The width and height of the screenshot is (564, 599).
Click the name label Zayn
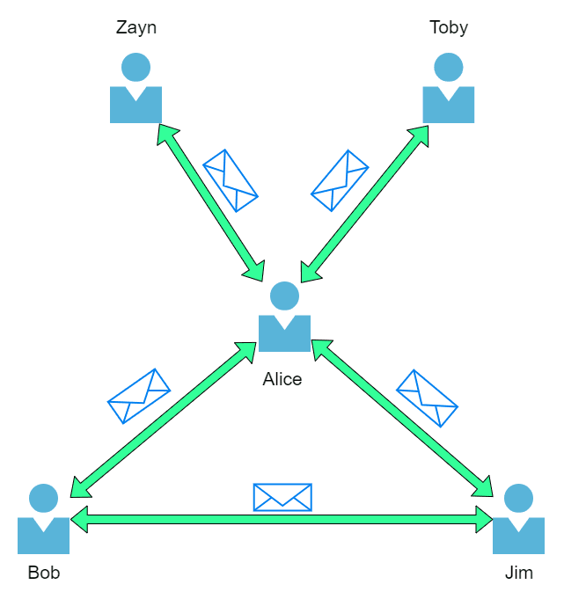(136, 27)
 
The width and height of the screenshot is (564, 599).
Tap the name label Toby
(449, 27)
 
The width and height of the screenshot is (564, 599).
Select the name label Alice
(282, 379)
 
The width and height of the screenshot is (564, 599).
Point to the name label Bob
(44, 573)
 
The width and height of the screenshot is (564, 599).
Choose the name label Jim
(519, 573)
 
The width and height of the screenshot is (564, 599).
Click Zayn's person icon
(136, 89)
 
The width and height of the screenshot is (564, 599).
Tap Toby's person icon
(449, 89)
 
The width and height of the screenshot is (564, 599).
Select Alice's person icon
(284, 318)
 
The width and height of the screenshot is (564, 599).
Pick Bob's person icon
(43, 520)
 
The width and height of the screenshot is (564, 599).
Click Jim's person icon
(518, 520)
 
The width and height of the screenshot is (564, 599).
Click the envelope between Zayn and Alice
(230, 179)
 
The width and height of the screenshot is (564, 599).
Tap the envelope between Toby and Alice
(340, 179)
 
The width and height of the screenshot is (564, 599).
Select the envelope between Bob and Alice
(139, 395)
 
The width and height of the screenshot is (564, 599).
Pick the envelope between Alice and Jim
(427, 398)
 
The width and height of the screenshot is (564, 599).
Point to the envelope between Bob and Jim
(282, 497)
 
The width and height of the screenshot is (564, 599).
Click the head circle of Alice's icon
(284, 296)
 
